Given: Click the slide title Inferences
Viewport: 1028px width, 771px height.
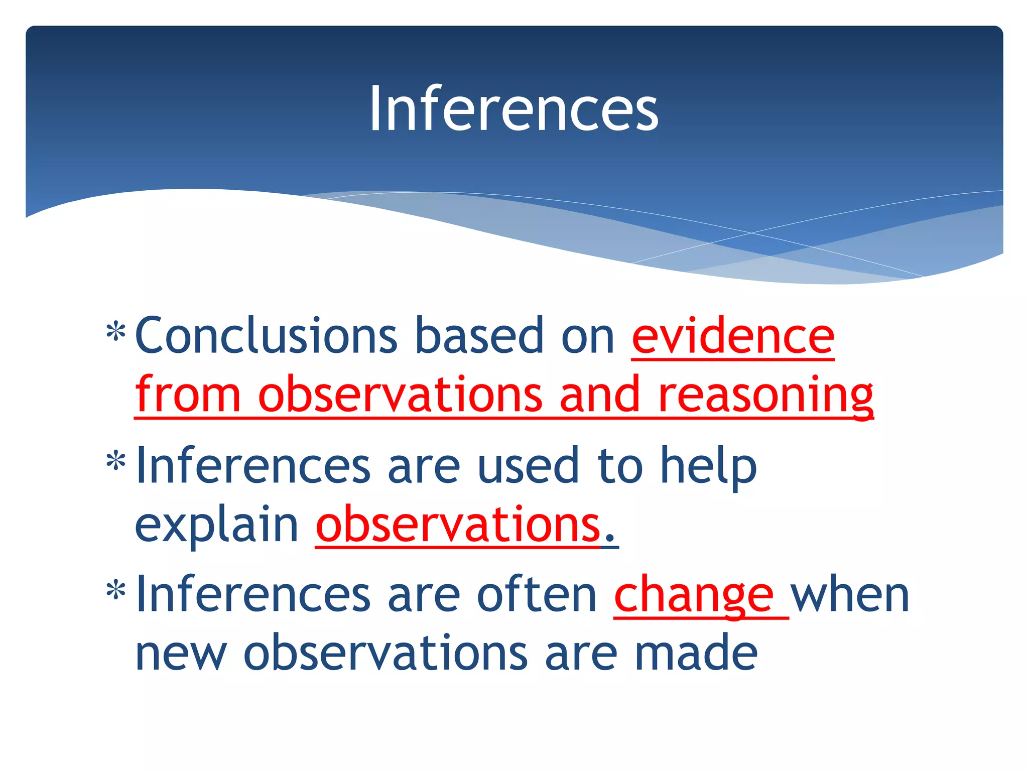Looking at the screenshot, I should [513, 108].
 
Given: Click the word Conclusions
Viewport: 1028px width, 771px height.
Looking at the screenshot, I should [266, 335].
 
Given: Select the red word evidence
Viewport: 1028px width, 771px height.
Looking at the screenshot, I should [733, 335].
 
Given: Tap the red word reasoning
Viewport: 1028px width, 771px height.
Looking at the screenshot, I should [765, 395].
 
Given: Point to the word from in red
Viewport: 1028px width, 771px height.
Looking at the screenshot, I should [188, 395].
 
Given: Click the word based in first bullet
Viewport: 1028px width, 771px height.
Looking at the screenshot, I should [479, 335].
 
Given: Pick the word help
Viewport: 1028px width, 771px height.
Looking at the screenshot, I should [708, 466].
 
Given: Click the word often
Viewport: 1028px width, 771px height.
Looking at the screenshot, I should [537, 595].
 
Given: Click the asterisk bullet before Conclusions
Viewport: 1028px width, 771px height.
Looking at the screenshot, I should [116, 331].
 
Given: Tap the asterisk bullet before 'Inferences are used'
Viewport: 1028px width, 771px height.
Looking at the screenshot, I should [116, 461].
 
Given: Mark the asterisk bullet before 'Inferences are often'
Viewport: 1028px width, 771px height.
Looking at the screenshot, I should [116, 590].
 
